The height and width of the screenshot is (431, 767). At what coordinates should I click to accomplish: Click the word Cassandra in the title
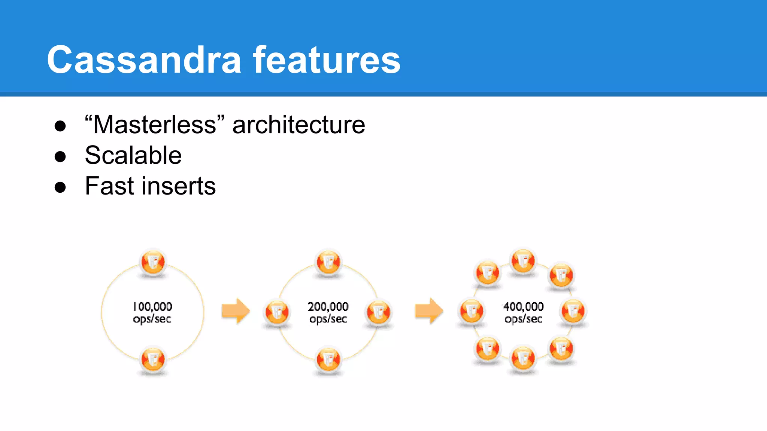144,60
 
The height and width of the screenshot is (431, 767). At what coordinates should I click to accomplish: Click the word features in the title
327,60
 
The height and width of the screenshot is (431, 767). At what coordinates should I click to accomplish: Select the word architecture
298,125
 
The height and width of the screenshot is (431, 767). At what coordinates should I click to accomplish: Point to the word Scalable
133,155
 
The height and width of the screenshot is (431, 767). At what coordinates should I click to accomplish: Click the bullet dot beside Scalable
60,156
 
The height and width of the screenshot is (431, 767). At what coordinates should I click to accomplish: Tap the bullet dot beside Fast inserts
60,187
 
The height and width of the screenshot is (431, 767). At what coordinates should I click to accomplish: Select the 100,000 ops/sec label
152,312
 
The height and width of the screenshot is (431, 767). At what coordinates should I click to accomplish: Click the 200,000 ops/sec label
328,312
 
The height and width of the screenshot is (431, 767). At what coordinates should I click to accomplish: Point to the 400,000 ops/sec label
523,312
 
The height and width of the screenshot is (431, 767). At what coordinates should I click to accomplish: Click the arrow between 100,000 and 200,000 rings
236,311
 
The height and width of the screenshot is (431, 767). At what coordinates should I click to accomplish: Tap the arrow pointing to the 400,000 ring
429,311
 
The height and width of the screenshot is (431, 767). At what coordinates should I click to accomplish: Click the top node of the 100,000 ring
153,262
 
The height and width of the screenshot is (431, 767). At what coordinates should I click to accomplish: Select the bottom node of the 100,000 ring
153,359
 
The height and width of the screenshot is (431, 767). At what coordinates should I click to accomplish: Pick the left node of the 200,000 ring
277,312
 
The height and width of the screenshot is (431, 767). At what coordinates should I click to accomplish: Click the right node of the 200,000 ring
379,312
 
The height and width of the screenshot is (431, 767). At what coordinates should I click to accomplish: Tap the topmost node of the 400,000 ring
523,261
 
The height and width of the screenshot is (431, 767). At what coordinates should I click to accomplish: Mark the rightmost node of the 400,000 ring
573,311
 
